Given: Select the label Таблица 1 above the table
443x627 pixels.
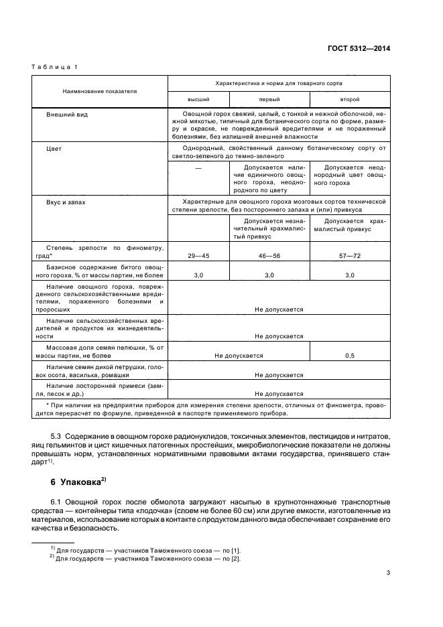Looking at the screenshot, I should [x=54, y=67].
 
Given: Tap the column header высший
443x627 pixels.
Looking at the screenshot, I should [x=198, y=98].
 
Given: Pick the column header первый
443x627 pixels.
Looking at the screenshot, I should [x=269, y=98].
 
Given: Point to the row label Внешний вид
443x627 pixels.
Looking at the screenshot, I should [x=67, y=115].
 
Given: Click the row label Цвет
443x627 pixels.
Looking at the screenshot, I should [x=54, y=148].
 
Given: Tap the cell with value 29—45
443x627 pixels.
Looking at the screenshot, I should [x=198, y=256].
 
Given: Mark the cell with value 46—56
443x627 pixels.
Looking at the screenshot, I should [x=269, y=256].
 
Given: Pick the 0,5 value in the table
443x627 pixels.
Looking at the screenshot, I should [x=349, y=356].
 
